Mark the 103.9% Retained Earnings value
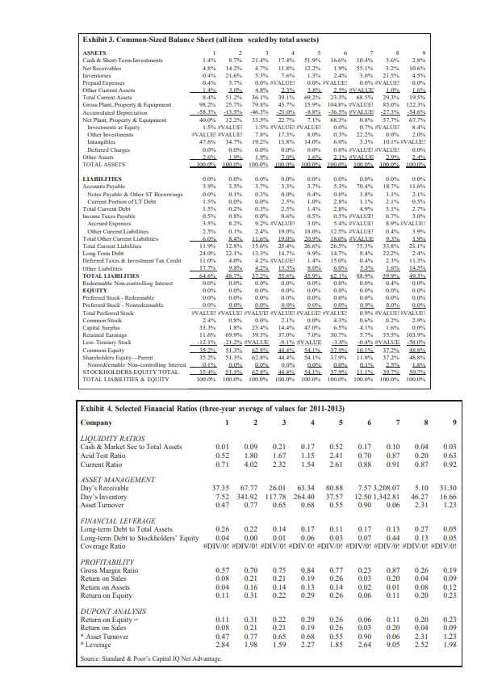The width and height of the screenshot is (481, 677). tap(456, 333)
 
